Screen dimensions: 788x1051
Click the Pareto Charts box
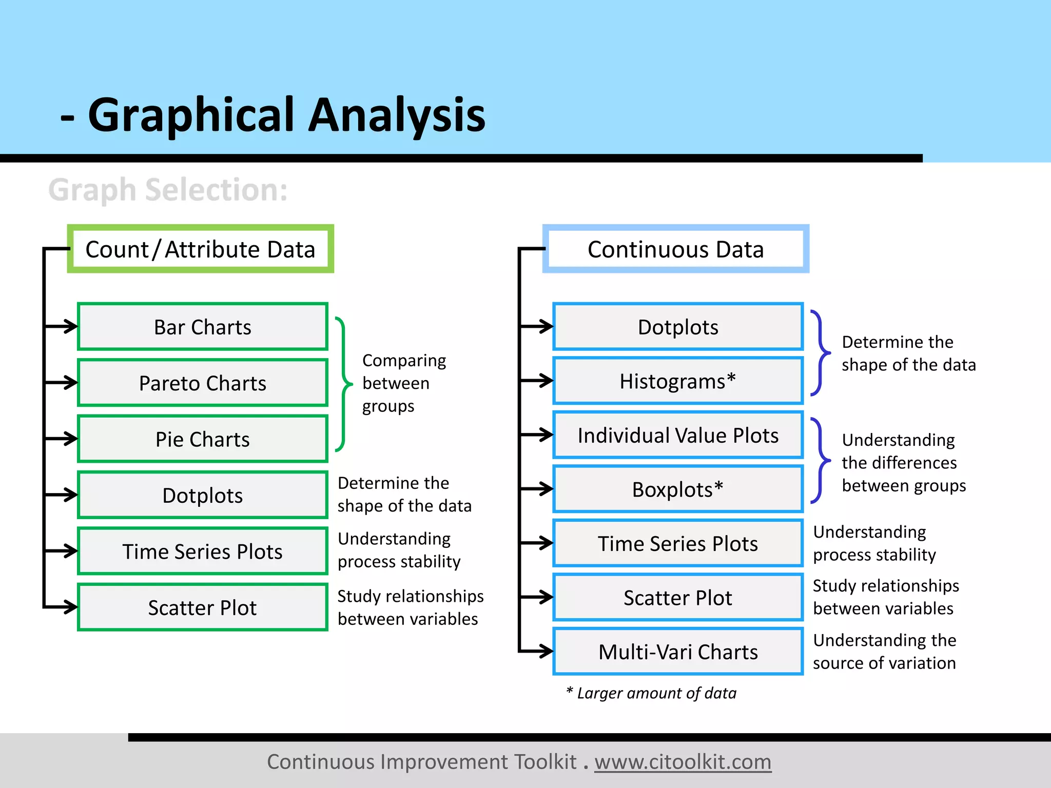(202, 383)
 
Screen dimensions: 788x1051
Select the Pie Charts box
(202, 439)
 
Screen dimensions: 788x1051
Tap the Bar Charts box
(202, 327)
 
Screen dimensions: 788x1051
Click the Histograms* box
(677, 381)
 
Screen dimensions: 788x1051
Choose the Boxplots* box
(677, 489)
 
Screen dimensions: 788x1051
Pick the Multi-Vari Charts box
(677, 652)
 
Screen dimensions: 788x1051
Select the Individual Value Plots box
(677, 435)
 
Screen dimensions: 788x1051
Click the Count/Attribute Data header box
(200, 249)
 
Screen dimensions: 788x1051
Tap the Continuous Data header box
(675, 249)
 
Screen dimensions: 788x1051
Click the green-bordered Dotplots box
(202, 495)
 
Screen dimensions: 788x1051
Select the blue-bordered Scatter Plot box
(677, 598)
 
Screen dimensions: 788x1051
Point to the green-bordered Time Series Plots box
(202, 551)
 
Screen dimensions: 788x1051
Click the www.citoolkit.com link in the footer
(683, 762)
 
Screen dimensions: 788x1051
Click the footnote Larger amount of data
(652, 693)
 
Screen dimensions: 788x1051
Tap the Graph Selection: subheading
(168, 190)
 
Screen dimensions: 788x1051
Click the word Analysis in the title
(396, 115)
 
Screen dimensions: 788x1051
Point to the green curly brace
(343, 384)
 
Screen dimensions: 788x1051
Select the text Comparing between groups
(403, 383)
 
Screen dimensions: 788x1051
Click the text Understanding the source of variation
(884, 652)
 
